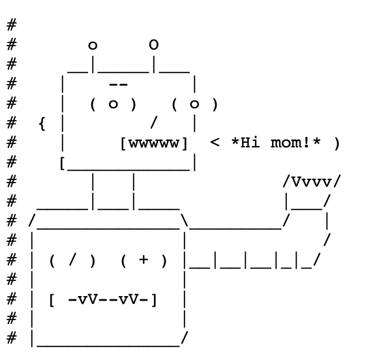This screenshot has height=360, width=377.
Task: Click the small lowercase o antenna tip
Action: (93, 46)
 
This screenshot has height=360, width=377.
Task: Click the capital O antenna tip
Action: (154, 45)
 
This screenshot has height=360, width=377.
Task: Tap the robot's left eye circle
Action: (113, 104)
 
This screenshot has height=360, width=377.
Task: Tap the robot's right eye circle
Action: (194, 104)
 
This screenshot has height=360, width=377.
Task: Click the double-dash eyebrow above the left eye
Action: (118, 84)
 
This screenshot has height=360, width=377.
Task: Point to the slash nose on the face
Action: (154, 123)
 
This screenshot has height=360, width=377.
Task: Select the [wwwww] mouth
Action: (154, 143)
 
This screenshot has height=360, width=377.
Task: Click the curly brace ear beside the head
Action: (42, 124)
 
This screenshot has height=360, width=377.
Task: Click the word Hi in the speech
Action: (250, 142)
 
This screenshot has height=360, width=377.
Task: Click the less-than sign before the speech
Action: (215, 142)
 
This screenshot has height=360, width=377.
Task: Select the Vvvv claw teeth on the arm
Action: (312, 182)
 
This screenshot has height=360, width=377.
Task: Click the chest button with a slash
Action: (72, 260)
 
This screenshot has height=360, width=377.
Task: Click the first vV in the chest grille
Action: (88, 299)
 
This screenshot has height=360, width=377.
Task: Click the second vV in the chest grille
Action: (128, 299)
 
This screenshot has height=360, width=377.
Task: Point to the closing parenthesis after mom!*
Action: (337, 143)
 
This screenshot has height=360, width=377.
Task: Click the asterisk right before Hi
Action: (235, 141)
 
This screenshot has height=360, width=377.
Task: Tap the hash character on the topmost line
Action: (12, 25)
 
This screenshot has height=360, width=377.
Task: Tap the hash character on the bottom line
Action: (12, 338)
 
